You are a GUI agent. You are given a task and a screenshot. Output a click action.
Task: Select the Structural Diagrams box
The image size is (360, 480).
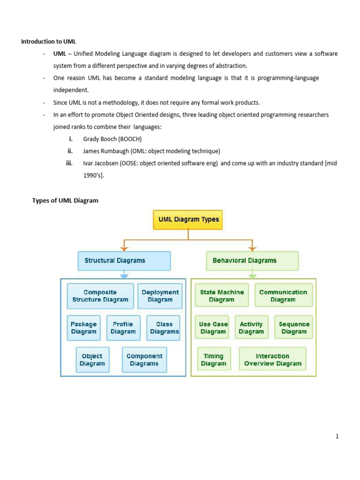coord(124,261)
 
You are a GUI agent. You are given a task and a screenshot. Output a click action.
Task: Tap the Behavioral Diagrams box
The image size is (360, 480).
coord(252,261)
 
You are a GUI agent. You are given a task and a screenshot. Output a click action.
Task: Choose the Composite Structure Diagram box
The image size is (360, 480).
coord(100,296)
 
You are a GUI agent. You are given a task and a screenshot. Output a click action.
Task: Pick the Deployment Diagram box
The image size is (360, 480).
coord(160,296)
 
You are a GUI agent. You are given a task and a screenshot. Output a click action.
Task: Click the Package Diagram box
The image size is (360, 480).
coord(83,328)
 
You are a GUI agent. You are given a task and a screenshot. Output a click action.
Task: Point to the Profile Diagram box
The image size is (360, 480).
coord(123,328)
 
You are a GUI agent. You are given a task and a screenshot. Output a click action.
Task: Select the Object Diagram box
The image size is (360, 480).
coord(92,360)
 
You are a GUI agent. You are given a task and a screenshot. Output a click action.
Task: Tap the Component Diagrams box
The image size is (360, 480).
coord(144,360)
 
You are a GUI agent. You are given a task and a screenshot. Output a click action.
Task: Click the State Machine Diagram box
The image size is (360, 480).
coord(222,296)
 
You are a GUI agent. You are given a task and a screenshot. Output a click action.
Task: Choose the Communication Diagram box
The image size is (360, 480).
coord(283,296)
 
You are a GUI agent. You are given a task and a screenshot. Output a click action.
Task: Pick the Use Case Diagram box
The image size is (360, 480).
coord(213,328)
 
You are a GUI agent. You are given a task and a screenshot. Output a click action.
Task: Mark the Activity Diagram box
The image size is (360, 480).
coord(251,328)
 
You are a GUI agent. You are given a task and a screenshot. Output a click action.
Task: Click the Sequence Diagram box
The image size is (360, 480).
coord(294,328)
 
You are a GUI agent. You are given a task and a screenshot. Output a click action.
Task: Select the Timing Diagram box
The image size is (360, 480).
coord(214,360)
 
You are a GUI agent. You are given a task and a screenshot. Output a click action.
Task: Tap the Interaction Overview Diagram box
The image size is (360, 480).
coord(273,360)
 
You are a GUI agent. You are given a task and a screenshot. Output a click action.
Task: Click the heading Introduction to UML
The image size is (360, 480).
coord(49,41)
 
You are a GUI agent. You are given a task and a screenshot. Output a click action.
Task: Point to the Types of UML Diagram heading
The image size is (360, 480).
coord(65,201)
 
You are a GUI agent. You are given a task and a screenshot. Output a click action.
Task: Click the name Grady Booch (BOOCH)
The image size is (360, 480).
coord(112,139)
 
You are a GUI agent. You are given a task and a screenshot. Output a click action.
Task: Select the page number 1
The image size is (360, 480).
coord(337,437)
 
